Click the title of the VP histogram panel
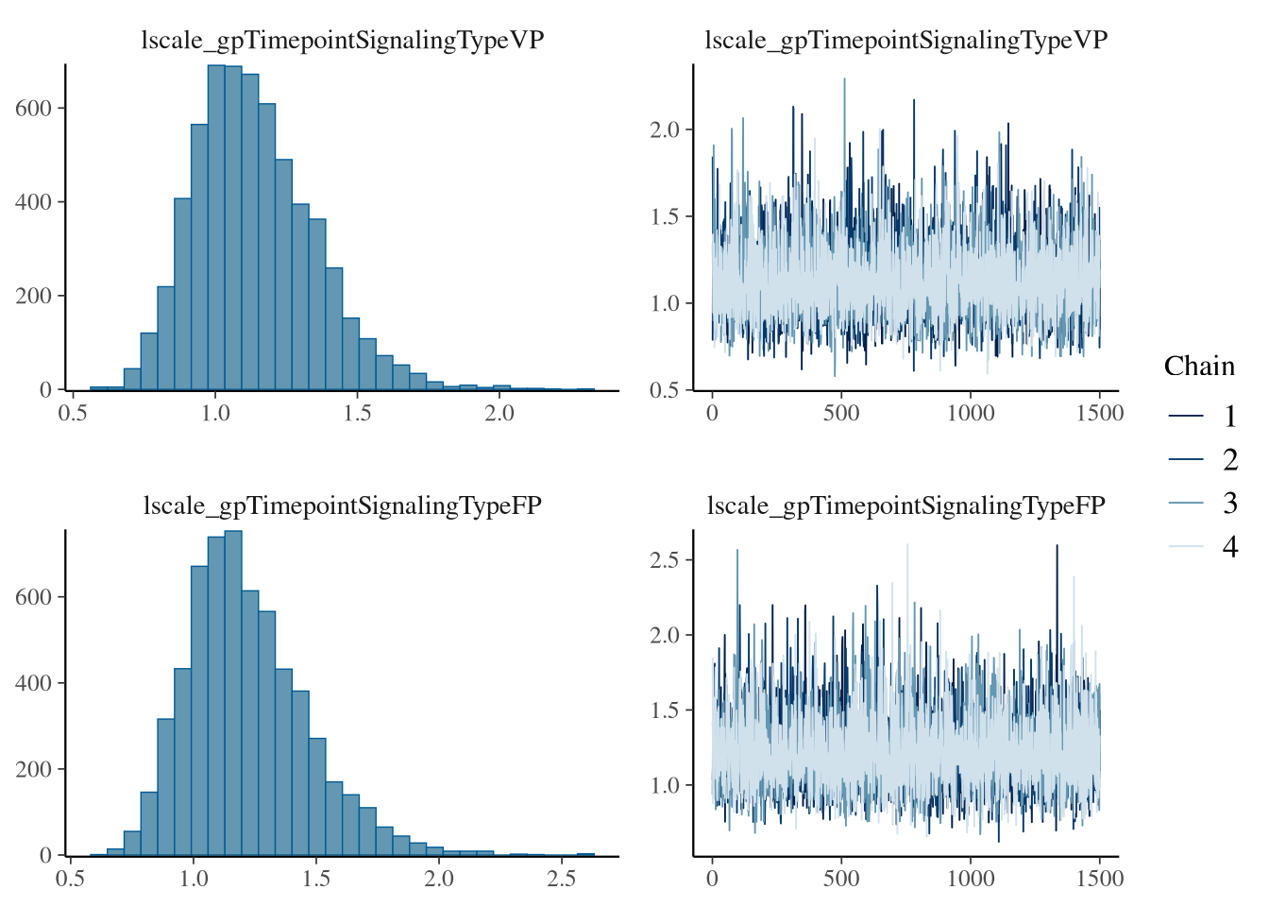pos(342,40)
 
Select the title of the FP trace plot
pos(905,505)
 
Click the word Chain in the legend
pos(1198,367)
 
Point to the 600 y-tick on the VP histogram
pos(33,108)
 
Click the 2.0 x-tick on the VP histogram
pos(499,414)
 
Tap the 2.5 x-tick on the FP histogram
pos(562,880)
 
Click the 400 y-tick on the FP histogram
pos(33,683)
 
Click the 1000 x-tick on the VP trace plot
pos(971,414)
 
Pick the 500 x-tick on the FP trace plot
pos(841,880)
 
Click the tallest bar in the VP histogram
pos(216,227)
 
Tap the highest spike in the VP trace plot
pos(844,79)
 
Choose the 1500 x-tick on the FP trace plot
pos(1100,880)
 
